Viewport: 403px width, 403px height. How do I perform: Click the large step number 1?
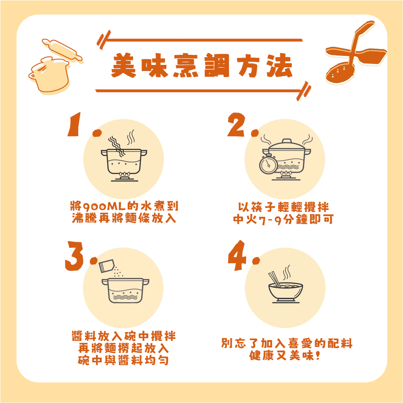74,125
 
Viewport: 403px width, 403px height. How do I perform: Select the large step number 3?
75,256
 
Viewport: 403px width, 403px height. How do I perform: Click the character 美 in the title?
124,65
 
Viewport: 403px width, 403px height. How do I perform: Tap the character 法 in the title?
279,66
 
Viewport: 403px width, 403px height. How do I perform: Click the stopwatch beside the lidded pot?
268,164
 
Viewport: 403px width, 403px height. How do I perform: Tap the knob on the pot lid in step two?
287,141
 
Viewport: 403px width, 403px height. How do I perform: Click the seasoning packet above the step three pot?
106,266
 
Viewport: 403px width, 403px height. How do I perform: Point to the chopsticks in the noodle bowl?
274,279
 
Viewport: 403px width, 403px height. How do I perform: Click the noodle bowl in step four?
286,293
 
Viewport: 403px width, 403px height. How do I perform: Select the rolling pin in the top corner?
62,50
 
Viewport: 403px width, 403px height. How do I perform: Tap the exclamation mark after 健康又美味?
318,355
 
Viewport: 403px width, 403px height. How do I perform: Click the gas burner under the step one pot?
125,177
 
